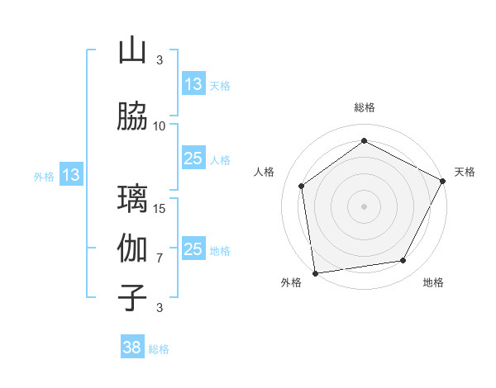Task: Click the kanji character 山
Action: point(132,50)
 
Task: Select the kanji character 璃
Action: point(132,199)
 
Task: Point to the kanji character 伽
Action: point(132,248)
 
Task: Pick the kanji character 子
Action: point(132,298)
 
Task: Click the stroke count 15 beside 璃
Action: point(160,208)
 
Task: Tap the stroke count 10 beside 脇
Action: point(160,125)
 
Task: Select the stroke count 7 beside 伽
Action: point(160,258)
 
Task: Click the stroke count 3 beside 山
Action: point(160,59)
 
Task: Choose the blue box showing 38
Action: point(132,348)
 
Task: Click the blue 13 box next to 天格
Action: point(193,84)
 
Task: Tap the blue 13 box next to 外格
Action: point(70,175)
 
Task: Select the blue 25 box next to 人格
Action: point(193,159)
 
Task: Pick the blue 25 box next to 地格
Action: point(193,249)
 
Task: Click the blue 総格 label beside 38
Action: point(159,349)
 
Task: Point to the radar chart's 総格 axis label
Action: point(365,107)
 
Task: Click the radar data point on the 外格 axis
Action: point(315,272)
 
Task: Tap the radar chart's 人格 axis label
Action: point(265,172)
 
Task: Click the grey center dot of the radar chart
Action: point(365,206)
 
